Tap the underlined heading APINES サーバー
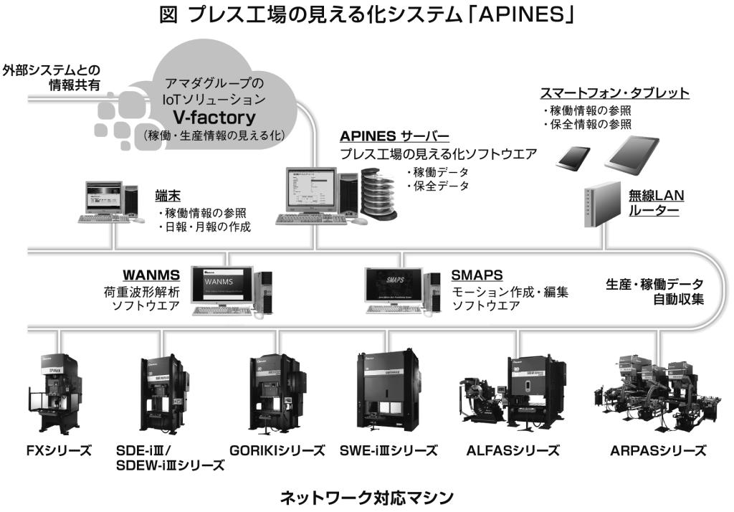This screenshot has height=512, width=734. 394,137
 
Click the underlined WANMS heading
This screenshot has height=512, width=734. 151,275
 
